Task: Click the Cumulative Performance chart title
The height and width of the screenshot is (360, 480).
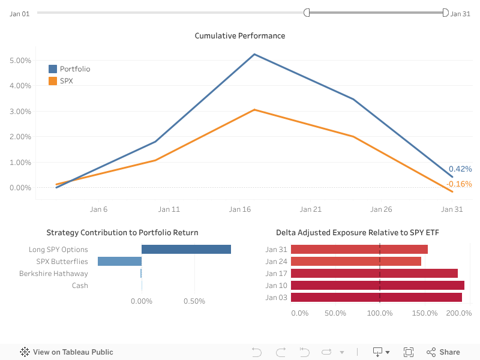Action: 240,36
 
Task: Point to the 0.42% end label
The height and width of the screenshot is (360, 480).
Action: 460,169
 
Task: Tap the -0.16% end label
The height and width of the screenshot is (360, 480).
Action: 459,184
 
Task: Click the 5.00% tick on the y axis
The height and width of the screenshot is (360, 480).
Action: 20,61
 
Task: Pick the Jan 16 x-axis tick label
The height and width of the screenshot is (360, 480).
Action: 240,209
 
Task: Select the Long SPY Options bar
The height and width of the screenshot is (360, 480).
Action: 186,250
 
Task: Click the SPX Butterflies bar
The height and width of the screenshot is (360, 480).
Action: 119,262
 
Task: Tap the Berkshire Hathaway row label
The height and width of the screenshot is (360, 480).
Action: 53,274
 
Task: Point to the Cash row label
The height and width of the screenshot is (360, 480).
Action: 80,286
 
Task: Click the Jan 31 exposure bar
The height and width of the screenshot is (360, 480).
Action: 359,250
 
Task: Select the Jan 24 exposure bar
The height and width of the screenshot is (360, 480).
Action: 356,262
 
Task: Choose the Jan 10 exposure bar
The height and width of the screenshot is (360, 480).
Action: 377,285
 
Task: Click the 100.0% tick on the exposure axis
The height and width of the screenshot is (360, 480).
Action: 379,313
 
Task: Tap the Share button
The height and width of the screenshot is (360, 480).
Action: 443,352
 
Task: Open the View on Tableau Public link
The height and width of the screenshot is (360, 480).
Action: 67,352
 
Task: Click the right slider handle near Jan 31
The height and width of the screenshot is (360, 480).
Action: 445,13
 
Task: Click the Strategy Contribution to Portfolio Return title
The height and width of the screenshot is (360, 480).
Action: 122,233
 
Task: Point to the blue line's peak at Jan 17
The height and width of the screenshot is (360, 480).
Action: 254,55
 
